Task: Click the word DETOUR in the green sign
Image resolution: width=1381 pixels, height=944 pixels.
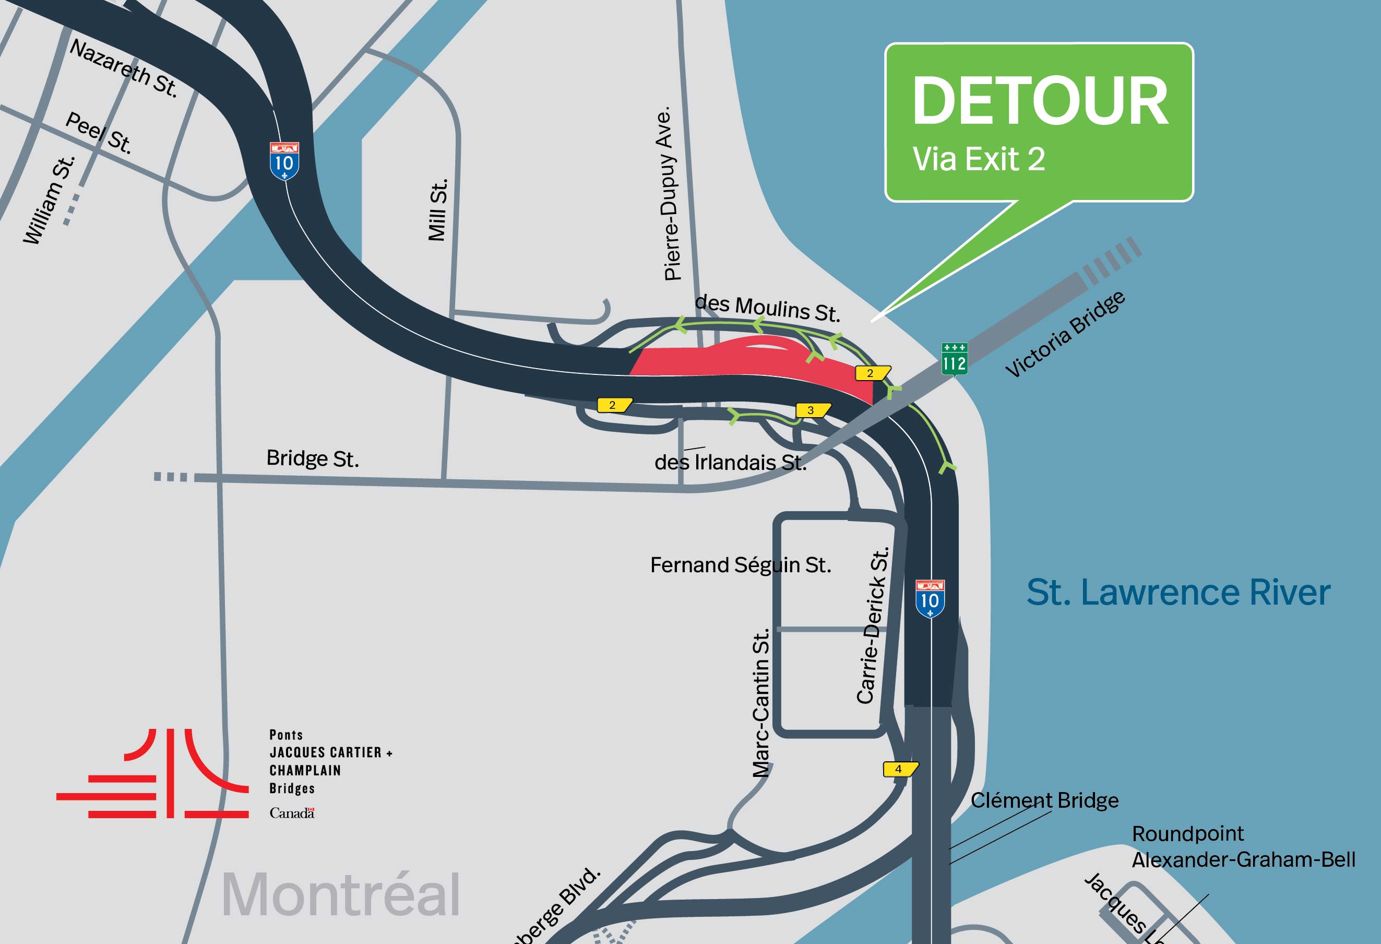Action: pyautogui.click(x=1040, y=101)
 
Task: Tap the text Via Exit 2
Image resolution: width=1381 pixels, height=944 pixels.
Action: pyautogui.click(x=978, y=159)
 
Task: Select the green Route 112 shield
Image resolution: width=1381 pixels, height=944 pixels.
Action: pyautogui.click(x=955, y=359)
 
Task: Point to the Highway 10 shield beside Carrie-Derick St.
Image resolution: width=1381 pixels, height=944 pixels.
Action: pyautogui.click(x=930, y=599)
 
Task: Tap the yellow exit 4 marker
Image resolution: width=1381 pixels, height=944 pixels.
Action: pyautogui.click(x=900, y=769)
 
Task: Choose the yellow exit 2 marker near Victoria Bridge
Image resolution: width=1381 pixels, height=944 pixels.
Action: pyautogui.click(x=872, y=373)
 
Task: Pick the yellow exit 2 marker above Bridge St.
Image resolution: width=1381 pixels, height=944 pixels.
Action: pyautogui.click(x=614, y=405)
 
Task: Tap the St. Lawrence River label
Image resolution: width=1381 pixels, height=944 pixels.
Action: pyautogui.click(x=1178, y=593)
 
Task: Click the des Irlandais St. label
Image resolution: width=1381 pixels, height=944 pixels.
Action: pyautogui.click(x=730, y=462)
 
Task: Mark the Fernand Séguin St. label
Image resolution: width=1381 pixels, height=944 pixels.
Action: pyautogui.click(x=741, y=565)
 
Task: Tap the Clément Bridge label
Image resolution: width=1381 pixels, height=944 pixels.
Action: pyautogui.click(x=1044, y=800)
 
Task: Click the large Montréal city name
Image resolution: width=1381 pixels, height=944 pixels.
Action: pyautogui.click(x=340, y=895)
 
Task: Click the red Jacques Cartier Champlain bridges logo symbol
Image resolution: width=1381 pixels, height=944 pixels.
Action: pyautogui.click(x=153, y=773)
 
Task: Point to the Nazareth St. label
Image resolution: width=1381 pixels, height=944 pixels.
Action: pyautogui.click(x=124, y=68)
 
